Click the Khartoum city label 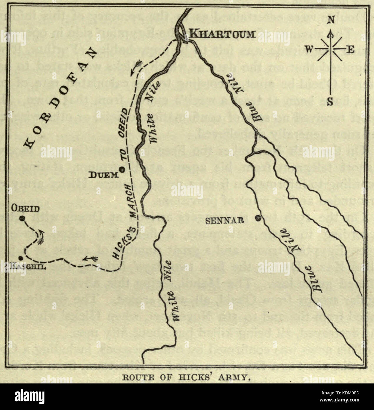pos(222,34)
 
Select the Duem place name pos(103,175)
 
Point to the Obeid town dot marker pos(21,219)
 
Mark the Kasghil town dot pos(20,258)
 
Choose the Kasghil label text pos(28,267)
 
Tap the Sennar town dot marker pos(258,218)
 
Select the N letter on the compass pos(331,20)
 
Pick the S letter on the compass pos(330,102)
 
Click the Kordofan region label pos(59,97)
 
